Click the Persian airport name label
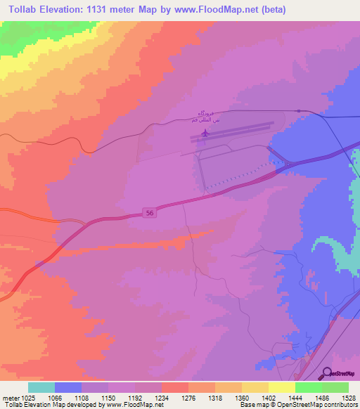tap(205, 118)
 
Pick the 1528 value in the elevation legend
tap(349, 397)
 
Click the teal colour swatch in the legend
tap(41, 387)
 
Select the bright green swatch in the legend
tap(308, 387)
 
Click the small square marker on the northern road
tap(298, 111)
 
